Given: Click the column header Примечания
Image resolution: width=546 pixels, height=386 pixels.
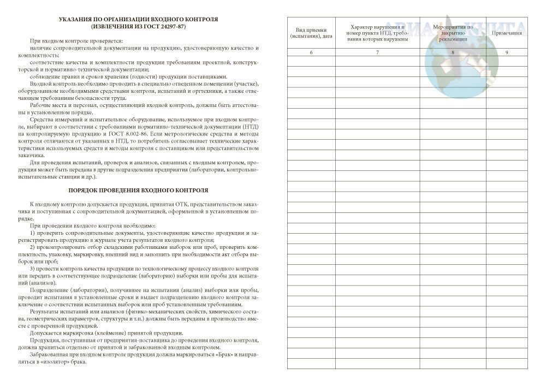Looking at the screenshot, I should [x=507, y=33].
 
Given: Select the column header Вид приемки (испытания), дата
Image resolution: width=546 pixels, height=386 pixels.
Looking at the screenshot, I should [x=311, y=33].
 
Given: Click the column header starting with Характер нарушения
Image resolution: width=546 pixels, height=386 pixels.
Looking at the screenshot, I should [x=377, y=33].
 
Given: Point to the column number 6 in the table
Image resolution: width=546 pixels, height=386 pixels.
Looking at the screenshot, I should [x=311, y=52].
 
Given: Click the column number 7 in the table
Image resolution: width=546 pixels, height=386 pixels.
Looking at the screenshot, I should [x=377, y=52].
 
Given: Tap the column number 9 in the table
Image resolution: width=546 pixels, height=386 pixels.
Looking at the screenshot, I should [x=507, y=52].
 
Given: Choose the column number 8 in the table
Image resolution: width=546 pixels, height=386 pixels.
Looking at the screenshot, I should [x=453, y=52].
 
